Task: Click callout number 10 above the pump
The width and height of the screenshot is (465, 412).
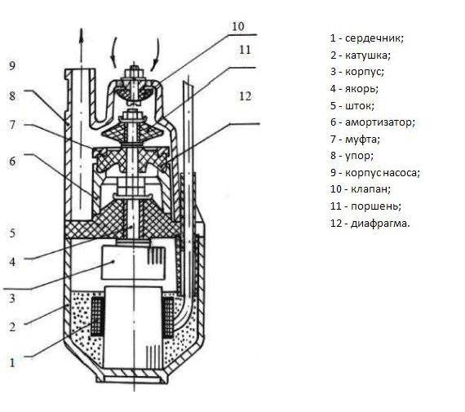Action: pyautogui.click(x=238, y=26)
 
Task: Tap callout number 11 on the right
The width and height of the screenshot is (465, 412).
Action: pyautogui.click(x=245, y=50)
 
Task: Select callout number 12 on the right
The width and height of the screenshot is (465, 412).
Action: pyautogui.click(x=246, y=96)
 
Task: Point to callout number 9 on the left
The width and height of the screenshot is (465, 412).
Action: pyautogui.click(x=12, y=65)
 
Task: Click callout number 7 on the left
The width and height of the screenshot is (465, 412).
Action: pyautogui.click(x=12, y=125)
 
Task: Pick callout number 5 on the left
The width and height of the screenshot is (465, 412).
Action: pyautogui.click(x=12, y=233)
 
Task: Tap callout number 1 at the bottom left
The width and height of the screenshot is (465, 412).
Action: pyautogui.click(x=12, y=362)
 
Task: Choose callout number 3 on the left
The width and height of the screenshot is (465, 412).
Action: pyautogui.click(x=12, y=298)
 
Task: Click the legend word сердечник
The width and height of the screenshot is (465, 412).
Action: pyautogui.click(x=374, y=38)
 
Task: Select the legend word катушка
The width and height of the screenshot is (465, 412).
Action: pyautogui.click(x=368, y=55)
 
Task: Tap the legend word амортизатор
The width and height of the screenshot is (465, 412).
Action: pyautogui.click(x=380, y=122)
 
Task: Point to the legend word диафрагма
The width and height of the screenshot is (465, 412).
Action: pyautogui.click(x=380, y=223)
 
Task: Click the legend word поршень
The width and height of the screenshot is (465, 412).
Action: pyautogui.click(x=376, y=206)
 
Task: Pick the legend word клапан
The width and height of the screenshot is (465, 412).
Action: pyautogui.click(x=370, y=189)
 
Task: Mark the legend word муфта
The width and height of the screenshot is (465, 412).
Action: pyautogui.click(x=363, y=139)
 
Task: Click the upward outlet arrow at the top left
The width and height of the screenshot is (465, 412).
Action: pyautogui.click(x=82, y=45)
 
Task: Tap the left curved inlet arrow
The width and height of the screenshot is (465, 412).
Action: pyautogui.click(x=113, y=52)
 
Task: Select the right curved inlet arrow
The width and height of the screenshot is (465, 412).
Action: pyautogui.click(x=155, y=55)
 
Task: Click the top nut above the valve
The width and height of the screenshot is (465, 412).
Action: pyautogui.click(x=134, y=72)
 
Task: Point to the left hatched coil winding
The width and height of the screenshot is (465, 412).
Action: pyautogui.click(x=97, y=316)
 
